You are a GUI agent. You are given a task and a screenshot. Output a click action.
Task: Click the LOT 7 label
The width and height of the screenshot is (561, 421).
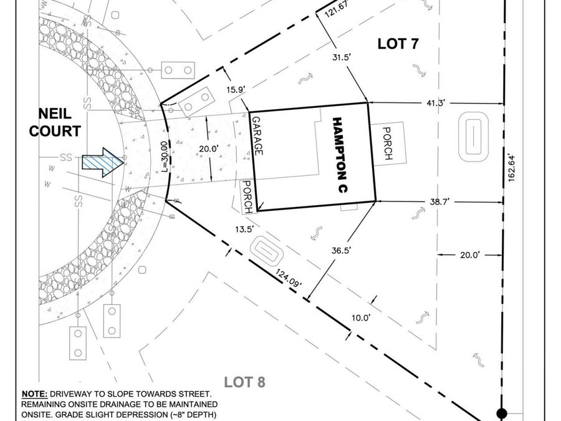398,44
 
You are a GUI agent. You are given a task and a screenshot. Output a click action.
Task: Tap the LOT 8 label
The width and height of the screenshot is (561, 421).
245,382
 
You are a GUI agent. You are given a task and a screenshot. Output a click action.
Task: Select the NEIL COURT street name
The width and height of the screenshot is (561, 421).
55,123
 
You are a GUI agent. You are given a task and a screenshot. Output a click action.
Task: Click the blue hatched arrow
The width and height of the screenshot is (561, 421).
103,163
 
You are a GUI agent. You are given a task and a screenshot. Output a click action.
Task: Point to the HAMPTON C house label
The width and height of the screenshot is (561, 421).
340,155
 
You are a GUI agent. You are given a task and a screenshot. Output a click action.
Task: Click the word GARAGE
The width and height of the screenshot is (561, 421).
257,136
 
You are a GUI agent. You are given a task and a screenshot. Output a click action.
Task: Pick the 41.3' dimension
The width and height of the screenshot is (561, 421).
436,103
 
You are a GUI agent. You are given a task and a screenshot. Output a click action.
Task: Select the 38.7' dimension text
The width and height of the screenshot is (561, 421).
439,202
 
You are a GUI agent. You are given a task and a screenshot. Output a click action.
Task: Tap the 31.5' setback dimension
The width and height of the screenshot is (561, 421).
341,57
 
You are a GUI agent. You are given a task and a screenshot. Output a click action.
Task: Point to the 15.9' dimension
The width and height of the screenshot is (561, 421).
236,89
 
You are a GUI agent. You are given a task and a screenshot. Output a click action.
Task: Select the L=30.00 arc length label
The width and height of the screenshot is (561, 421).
164,156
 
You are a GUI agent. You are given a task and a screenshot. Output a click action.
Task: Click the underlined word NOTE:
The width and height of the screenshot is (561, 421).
35,394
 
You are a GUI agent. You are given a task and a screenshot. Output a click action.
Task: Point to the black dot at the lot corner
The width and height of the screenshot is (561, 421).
502,412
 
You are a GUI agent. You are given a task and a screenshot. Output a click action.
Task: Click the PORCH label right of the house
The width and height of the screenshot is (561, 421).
388,143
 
